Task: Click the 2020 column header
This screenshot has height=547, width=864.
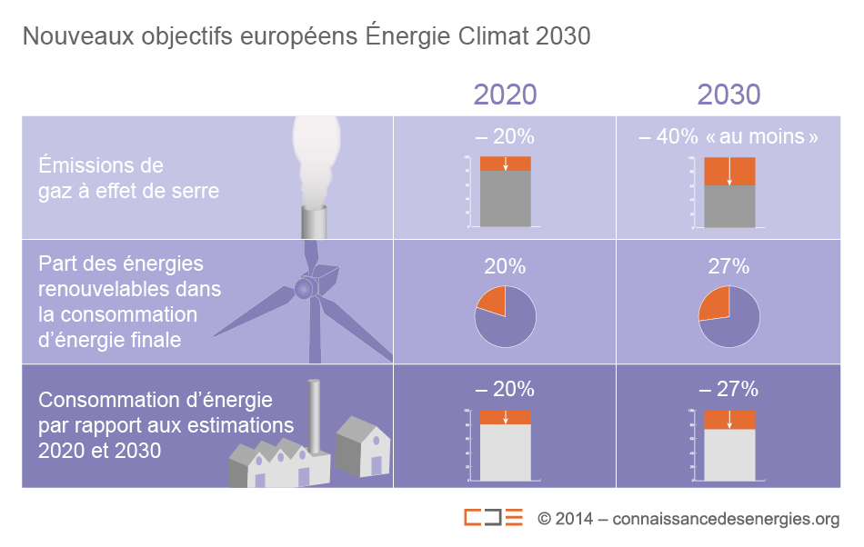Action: click(505, 94)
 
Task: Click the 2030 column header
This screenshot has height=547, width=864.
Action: click(728, 94)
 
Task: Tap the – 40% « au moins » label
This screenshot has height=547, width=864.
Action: click(728, 137)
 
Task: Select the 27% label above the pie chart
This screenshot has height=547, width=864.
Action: click(728, 266)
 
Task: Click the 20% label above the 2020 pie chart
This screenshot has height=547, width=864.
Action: click(505, 266)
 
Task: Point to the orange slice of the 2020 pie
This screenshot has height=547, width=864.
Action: click(492, 301)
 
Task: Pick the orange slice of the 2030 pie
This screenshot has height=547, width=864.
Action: click(714, 303)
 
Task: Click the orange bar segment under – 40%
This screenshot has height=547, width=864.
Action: click(728, 172)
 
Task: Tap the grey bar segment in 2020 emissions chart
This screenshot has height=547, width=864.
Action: click(505, 198)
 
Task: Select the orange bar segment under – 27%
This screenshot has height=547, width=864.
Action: click(728, 420)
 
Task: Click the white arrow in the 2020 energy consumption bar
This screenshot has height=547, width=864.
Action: click(505, 417)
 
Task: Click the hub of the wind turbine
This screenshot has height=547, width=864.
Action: click(302, 288)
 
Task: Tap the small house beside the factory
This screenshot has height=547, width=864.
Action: click(363, 447)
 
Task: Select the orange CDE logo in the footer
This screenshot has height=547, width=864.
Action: click(493, 518)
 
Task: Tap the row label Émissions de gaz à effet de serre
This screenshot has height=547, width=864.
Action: click(128, 178)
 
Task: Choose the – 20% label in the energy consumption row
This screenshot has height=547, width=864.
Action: click(505, 389)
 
